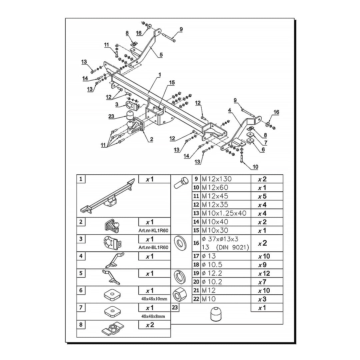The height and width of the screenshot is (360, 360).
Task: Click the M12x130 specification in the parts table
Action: pyautogui.click(x=217, y=179)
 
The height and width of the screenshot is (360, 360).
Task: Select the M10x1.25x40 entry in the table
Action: pyautogui.click(x=224, y=213)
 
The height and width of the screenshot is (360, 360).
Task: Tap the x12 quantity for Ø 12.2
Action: pyautogui.click(x=264, y=273)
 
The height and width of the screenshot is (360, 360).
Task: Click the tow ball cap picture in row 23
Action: pyautogui.click(x=216, y=314)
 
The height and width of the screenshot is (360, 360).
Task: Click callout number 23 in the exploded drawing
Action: pyautogui.click(x=112, y=117)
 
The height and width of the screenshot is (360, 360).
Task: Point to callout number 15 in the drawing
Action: pyautogui.click(x=172, y=82)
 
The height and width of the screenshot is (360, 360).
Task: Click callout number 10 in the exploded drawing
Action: pyautogui.click(x=255, y=167)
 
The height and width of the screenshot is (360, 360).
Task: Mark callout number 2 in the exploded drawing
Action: pyautogui.click(x=151, y=139)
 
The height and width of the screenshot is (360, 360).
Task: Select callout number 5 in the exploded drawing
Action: pyautogui.click(x=161, y=55)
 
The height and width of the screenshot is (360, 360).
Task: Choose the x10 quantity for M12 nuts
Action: pyautogui.click(x=264, y=291)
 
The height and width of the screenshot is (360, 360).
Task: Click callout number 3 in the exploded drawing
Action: pyautogui.click(x=117, y=105)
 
